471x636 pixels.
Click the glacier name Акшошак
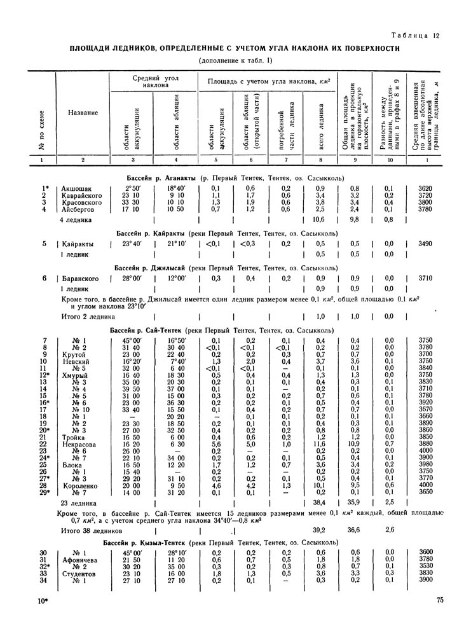pyautogui.click(x=77, y=188)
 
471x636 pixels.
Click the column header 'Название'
pyautogui.click(x=83, y=113)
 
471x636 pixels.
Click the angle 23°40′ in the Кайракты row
pyautogui.click(x=135, y=244)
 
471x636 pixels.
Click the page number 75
pyautogui.click(x=440, y=599)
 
